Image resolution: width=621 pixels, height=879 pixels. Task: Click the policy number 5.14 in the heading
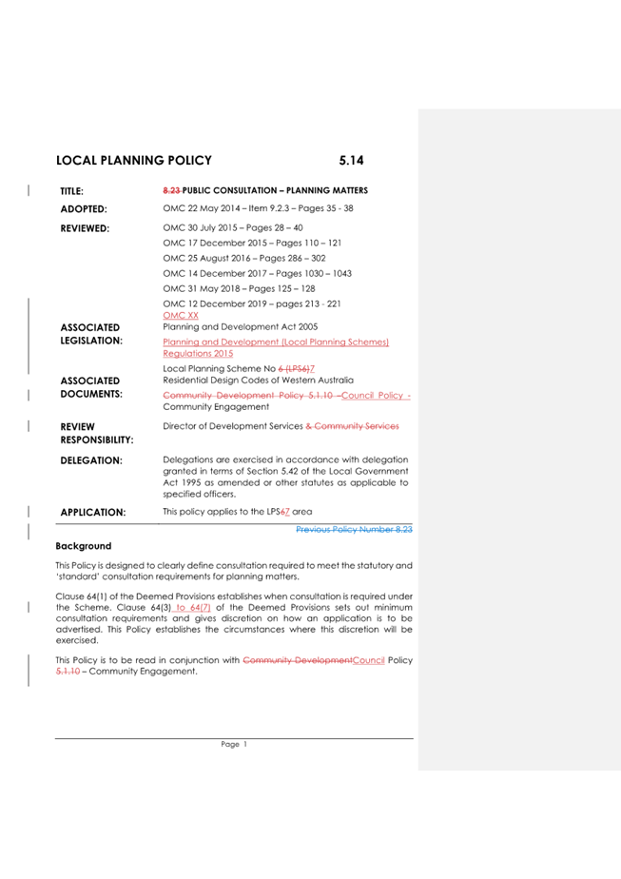353,162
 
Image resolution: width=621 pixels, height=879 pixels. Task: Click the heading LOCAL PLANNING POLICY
134,162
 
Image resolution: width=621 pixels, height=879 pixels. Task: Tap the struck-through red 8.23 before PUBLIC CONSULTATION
171,190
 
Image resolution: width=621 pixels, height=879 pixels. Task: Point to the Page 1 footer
234,746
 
